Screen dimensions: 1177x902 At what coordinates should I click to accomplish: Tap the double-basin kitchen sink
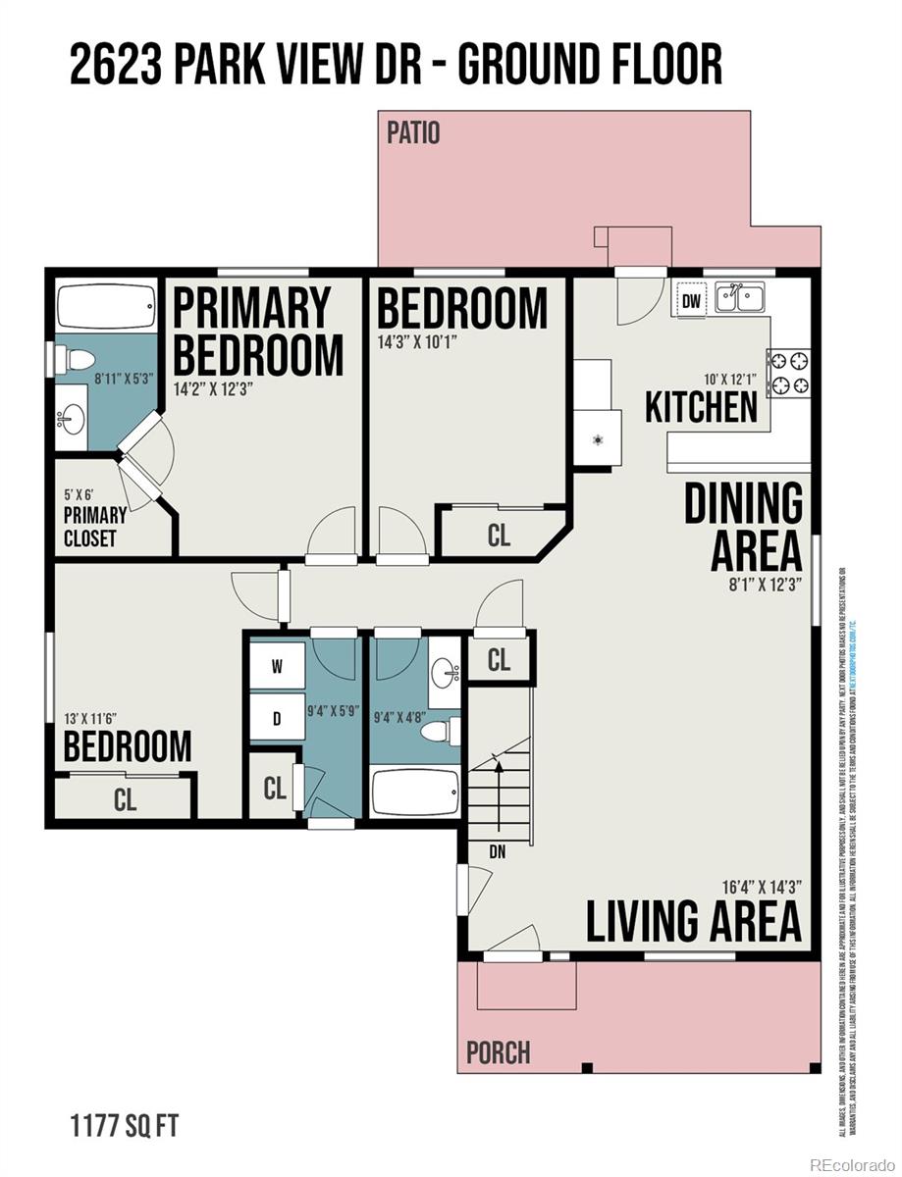(x=740, y=297)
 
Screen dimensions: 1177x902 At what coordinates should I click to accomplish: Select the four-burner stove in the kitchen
(x=789, y=372)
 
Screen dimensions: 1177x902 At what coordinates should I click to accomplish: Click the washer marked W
(x=277, y=667)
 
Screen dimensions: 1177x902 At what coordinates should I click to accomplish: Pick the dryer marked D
(x=277, y=718)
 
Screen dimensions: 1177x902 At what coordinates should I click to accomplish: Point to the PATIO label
(x=413, y=132)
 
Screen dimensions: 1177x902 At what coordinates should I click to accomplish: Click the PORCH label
(x=498, y=1052)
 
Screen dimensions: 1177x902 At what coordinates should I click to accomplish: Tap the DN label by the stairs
(x=498, y=851)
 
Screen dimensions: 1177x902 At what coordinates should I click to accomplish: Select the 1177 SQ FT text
(x=123, y=1125)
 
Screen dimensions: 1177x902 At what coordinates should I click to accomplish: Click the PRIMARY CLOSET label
(x=95, y=528)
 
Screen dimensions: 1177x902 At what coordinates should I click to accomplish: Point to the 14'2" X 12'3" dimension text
(x=214, y=387)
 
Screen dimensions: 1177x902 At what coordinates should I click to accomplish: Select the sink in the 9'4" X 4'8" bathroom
(x=447, y=672)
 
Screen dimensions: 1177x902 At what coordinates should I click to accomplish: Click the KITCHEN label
(x=701, y=407)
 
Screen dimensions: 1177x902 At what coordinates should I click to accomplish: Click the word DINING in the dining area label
(x=743, y=504)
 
